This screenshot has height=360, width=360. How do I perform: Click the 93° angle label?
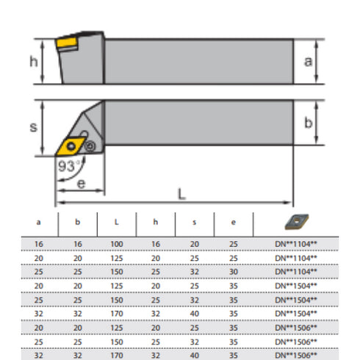(x=68, y=167)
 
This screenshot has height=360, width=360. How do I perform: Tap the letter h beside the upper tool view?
(x=33, y=62)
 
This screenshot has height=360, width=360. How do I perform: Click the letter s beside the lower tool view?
(x=32, y=127)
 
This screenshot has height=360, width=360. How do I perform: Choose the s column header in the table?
(x=195, y=220)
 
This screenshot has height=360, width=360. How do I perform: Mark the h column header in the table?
(x=156, y=220)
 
